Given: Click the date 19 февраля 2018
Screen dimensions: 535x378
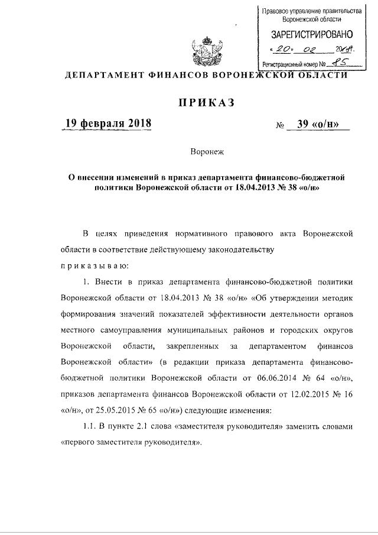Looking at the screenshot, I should point(108,124).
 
